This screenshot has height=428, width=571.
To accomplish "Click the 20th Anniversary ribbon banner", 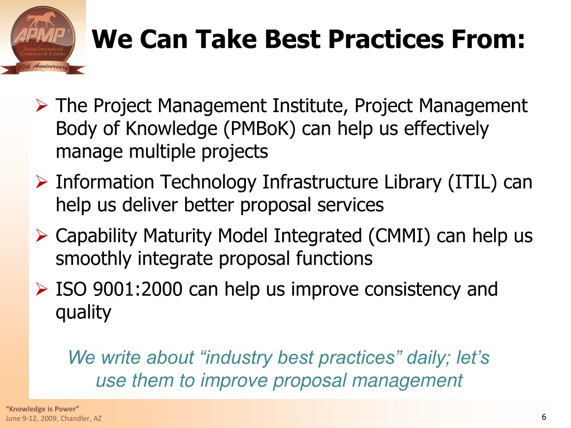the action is (x=42, y=67).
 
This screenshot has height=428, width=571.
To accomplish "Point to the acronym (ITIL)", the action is (x=472, y=182).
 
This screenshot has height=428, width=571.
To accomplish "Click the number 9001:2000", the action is (x=137, y=289).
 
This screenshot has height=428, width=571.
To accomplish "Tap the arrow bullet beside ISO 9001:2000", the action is (x=42, y=290).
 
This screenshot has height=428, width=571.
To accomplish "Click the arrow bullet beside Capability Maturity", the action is (x=42, y=236).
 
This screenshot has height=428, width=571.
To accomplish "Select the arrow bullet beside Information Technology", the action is (x=42, y=182).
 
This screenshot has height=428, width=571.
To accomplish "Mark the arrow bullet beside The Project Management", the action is (x=42, y=106).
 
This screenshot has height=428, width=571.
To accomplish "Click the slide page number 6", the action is (x=544, y=417).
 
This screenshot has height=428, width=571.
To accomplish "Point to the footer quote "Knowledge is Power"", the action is (x=42, y=408).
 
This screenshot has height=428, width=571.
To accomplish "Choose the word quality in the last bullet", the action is (x=84, y=313).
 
